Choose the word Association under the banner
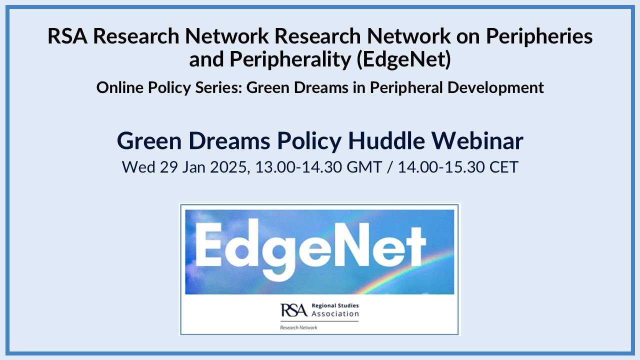point(335,314)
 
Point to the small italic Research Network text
point(298,327)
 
